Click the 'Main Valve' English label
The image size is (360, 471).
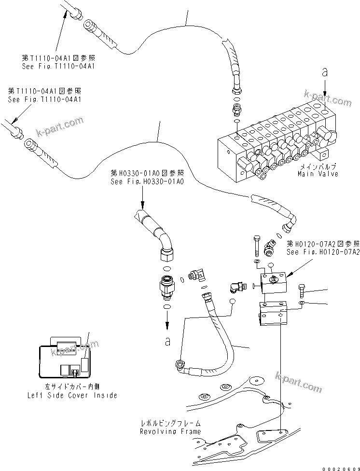click(318, 174)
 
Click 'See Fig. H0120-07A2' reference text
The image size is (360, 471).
click(323, 252)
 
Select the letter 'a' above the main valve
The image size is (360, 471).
click(325, 72)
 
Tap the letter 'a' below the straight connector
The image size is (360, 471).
click(167, 342)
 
